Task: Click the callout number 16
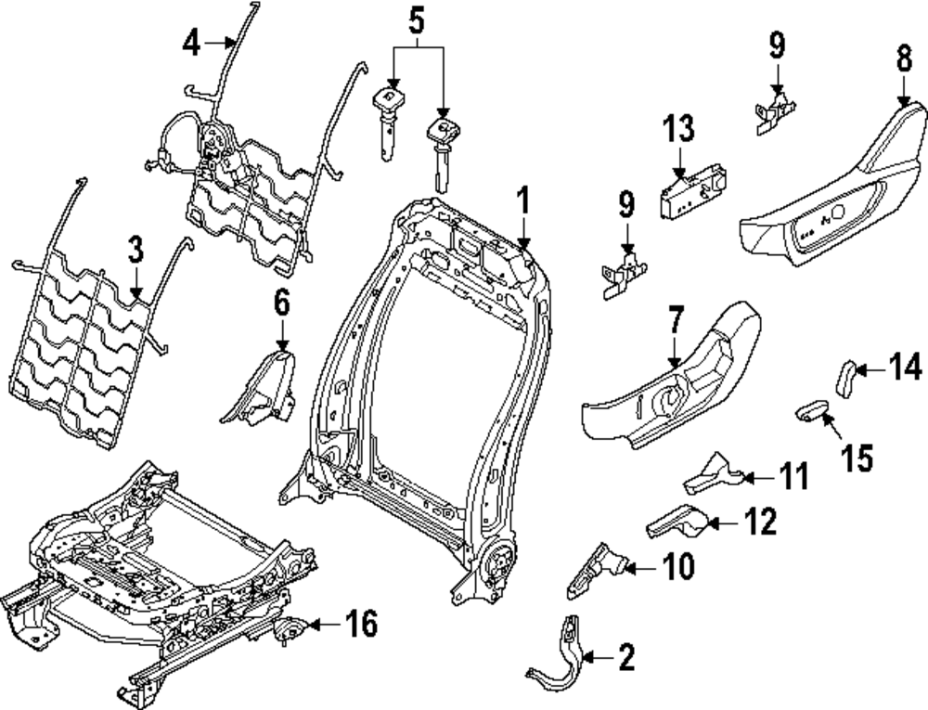(362, 624)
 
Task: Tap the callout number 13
(678, 128)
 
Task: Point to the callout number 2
(626, 657)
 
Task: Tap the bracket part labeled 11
(713, 473)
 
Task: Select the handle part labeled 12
(677, 521)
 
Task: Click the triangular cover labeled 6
(259, 388)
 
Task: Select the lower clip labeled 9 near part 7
(624, 275)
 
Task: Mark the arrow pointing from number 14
(870, 370)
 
